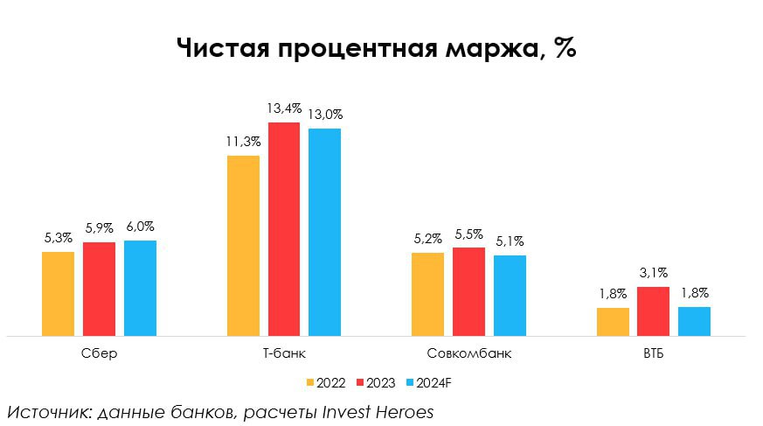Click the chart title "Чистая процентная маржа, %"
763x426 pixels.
tap(376, 47)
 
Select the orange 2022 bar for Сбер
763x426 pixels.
tap(59, 294)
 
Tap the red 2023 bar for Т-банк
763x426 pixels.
tap(283, 229)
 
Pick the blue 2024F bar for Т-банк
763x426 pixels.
tap(324, 232)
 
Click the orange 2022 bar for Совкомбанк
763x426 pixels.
tap(427, 294)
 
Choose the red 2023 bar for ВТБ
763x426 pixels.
tap(653, 311)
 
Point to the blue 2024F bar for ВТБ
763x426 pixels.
tap(694, 321)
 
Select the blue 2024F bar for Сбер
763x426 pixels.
tap(140, 288)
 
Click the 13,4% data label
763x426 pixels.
tap(284, 108)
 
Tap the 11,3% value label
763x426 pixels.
tap(243, 142)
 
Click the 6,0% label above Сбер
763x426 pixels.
tap(140, 227)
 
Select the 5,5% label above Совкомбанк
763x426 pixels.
tap(468, 234)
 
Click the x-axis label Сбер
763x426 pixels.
tap(99, 354)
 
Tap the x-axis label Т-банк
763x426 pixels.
tap(283, 354)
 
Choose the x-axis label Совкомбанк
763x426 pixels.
tap(468, 354)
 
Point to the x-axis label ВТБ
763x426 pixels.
tap(653, 354)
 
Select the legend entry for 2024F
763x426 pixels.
tap(427, 382)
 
